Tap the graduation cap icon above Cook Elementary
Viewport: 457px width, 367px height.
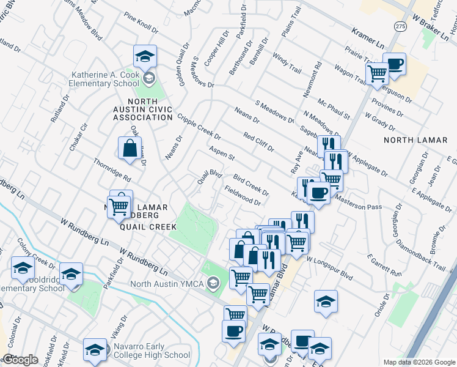point(145,57)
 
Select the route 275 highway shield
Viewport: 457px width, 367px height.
point(400,26)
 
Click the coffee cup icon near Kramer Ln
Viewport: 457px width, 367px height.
point(394,64)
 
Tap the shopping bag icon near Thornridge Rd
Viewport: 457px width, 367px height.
point(130,149)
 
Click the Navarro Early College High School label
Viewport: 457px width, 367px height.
point(152,350)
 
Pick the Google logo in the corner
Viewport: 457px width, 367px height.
point(20,360)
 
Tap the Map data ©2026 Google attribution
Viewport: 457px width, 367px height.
point(419,362)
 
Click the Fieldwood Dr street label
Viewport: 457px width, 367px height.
point(243,195)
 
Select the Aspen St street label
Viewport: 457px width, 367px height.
point(222,153)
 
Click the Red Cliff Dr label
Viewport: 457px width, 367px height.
point(258,141)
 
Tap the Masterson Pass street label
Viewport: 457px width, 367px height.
point(358,206)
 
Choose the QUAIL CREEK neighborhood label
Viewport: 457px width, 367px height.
point(144,226)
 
